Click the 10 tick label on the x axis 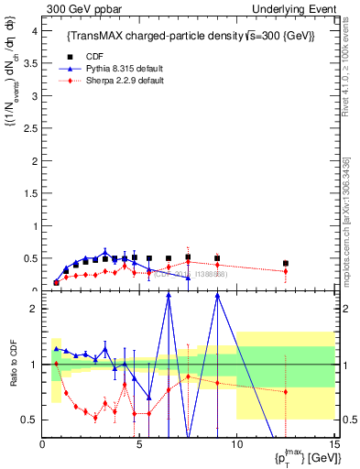[236, 445]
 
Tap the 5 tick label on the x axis [139, 445]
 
